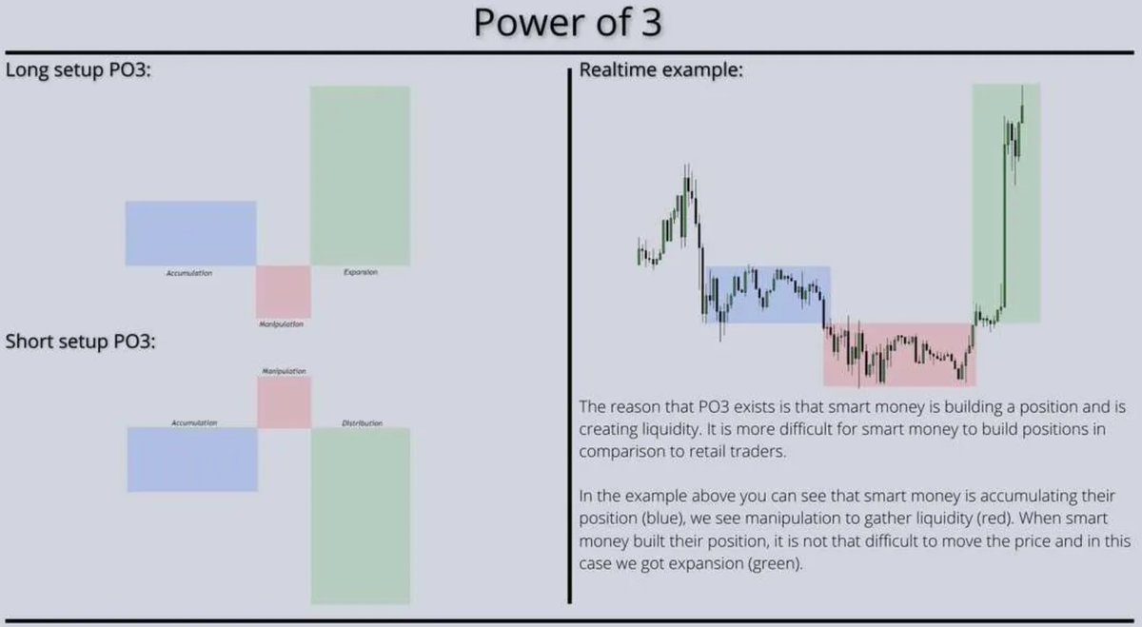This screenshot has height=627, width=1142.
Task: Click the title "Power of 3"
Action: (x=568, y=23)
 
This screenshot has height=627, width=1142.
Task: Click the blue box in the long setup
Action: (x=190, y=232)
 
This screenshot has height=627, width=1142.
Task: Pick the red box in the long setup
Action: (x=284, y=291)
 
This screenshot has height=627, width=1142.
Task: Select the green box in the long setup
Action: (x=360, y=175)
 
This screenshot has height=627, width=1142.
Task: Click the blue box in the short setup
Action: (x=192, y=459)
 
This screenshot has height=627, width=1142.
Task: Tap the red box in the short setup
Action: (x=284, y=402)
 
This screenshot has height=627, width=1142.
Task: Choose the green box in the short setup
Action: (x=360, y=515)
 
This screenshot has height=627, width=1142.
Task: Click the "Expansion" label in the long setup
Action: (x=360, y=272)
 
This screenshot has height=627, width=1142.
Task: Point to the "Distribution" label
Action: (x=362, y=422)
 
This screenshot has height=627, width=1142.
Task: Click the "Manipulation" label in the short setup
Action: (x=284, y=370)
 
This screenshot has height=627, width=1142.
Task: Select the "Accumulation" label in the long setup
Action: (x=188, y=273)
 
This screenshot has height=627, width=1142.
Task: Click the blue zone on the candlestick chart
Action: (x=766, y=293)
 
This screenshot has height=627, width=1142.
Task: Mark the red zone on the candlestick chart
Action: (x=898, y=354)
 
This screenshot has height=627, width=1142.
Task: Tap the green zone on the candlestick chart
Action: (x=1006, y=202)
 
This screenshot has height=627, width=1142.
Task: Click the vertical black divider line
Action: (x=569, y=333)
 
